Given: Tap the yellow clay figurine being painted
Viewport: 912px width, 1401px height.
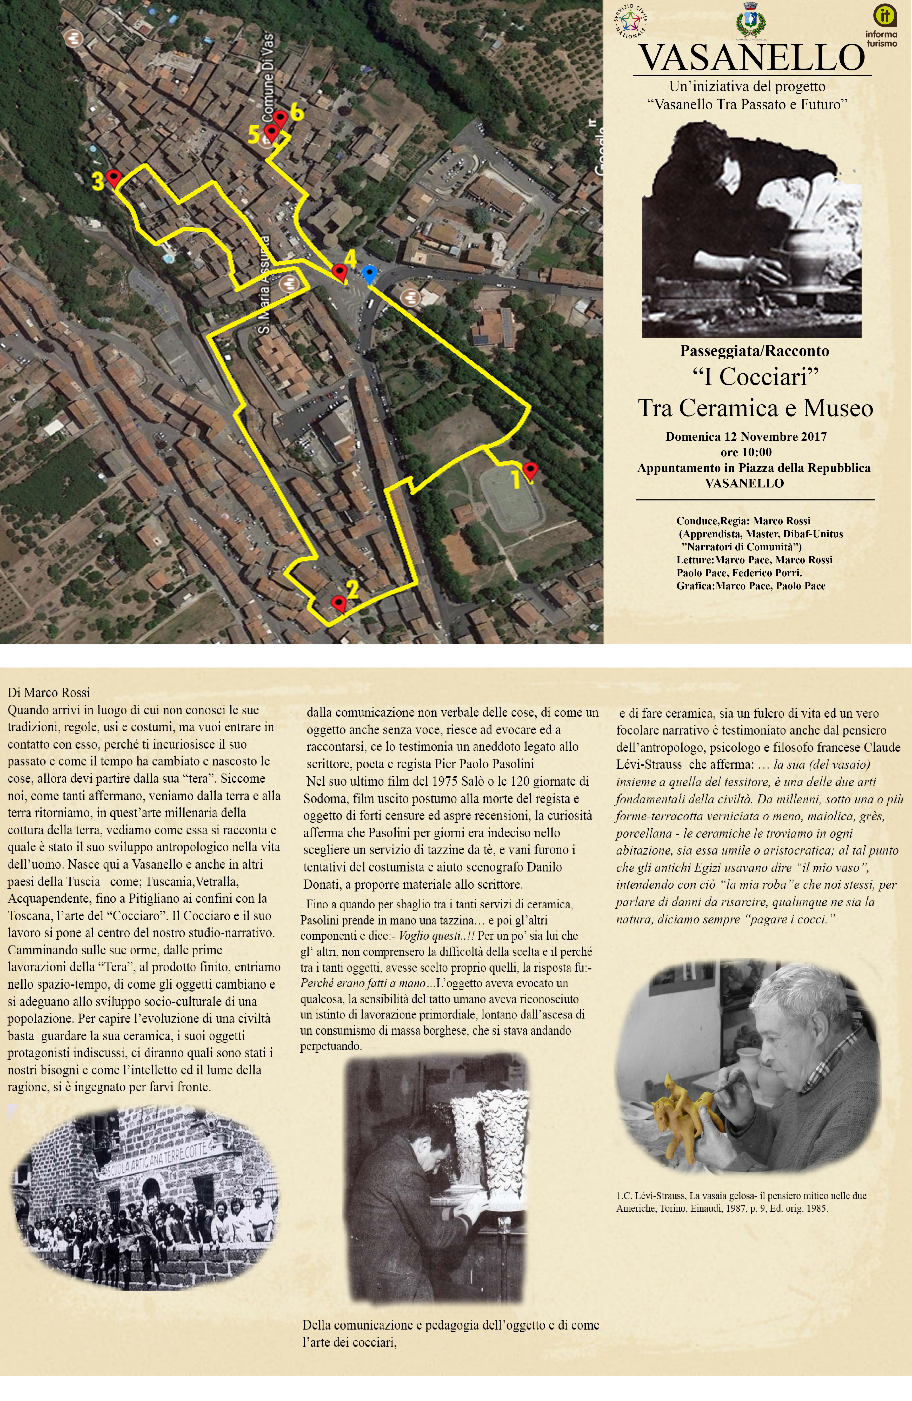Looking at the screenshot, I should [x=685, y=1100].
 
